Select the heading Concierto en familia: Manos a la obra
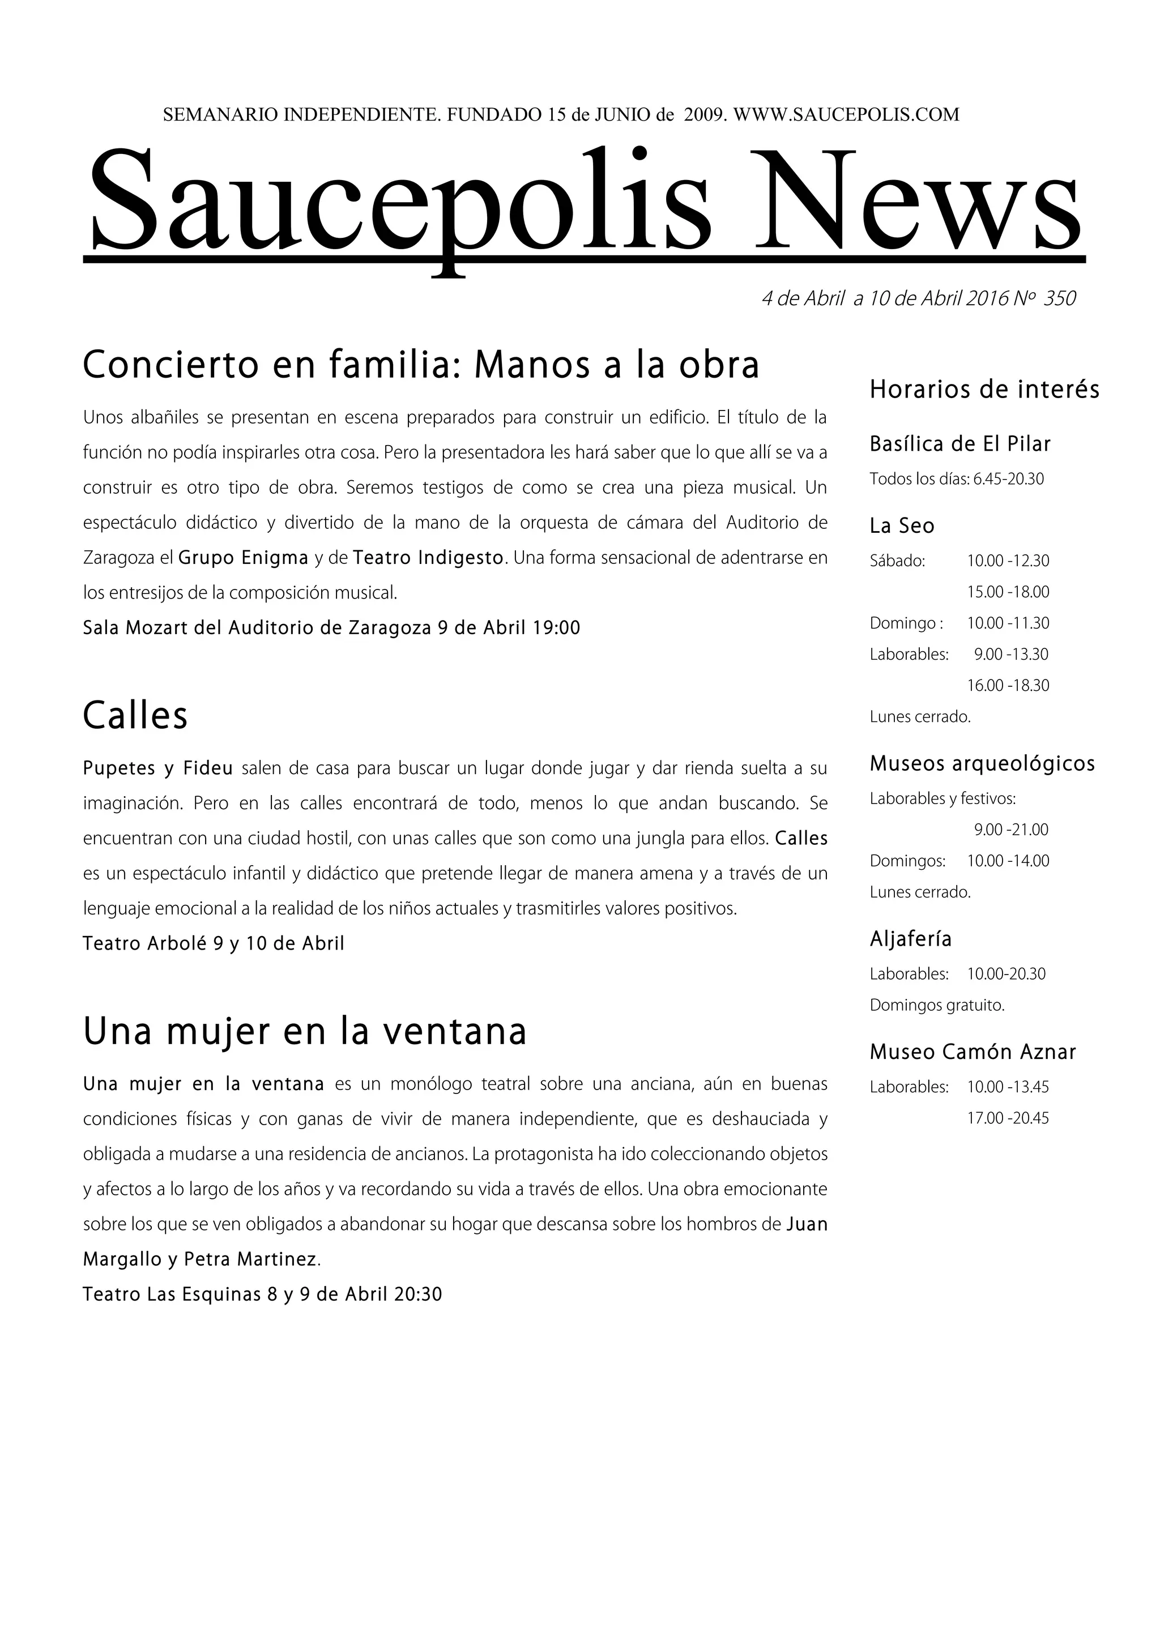[x=420, y=365]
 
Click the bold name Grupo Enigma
[x=243, y=558]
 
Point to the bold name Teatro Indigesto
[x=428, y=558]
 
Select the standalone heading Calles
[x=135, y=715]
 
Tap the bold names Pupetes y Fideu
[x=158, y=768]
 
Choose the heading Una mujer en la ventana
[x=305, y=1031]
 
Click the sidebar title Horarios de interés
[x=984, y=390]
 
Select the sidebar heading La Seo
[x=901, y=526]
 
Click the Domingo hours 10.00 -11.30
[x=1008, y=623]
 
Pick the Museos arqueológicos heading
[x=982, y=764]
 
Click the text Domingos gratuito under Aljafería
[x=936, y=1005]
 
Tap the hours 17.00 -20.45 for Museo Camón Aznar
[x=1008, y=1118]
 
